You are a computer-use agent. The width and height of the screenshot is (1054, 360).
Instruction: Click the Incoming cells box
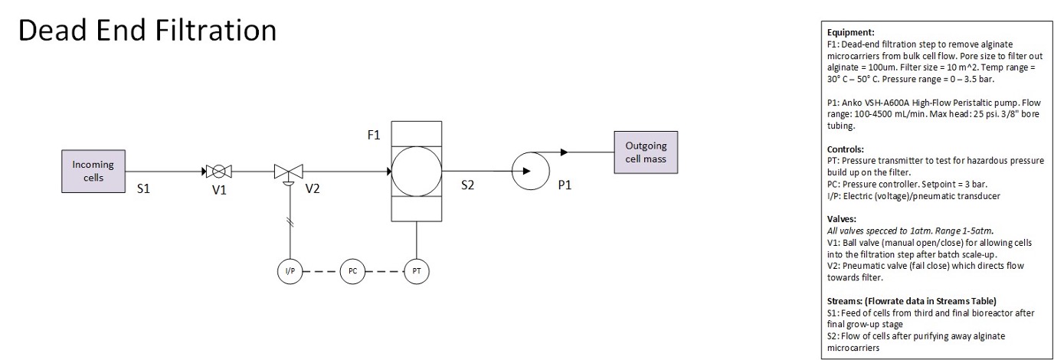click(93, 170)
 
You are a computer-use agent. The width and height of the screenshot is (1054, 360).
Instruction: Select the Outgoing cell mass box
click(646, 152)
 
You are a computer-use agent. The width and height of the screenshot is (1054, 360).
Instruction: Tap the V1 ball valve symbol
click(218, 171)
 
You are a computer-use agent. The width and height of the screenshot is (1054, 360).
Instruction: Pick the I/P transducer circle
click(289, 272)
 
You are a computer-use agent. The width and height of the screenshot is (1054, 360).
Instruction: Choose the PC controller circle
click(352, 272)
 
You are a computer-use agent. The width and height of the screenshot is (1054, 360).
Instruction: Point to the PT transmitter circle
click(416, 272)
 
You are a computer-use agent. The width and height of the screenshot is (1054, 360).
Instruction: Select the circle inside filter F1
click(416, 171)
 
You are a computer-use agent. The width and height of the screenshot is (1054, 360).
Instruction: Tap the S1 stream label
click(143, 188)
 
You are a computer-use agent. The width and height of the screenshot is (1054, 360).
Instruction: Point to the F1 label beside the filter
click(375, 136)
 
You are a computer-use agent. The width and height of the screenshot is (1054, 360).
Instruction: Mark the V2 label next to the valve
click(313, 188)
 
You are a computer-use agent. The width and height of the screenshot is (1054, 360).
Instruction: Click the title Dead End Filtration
click(147, 31)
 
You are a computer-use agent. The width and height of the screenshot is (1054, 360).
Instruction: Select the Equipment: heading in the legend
click(851, 33)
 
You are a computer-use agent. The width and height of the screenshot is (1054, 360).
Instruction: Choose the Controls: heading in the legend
click(846, 149)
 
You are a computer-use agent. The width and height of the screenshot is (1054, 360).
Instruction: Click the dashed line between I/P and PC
click(320, 272)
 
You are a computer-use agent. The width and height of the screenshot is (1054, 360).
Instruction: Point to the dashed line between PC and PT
click(384, 272)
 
